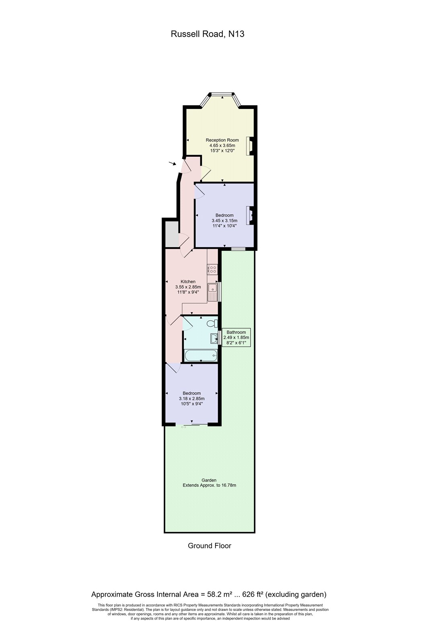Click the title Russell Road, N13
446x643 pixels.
point(208,34)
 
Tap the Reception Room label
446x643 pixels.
point(222,140)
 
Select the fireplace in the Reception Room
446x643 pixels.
point(250,146)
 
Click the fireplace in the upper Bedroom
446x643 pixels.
point(250,215)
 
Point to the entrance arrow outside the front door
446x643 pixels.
point(173,163)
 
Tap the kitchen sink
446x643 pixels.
point(212,291)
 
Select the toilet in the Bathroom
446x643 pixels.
point(212,324)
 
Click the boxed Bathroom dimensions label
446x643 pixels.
point(236,335)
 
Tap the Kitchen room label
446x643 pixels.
point(188,282)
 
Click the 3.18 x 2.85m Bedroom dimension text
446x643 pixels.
point(191,399)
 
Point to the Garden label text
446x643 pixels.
point(209,480)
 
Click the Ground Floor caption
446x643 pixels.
point(210,546)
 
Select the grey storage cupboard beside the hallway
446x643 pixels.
point(171,233)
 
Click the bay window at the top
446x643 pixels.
point(222,95)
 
